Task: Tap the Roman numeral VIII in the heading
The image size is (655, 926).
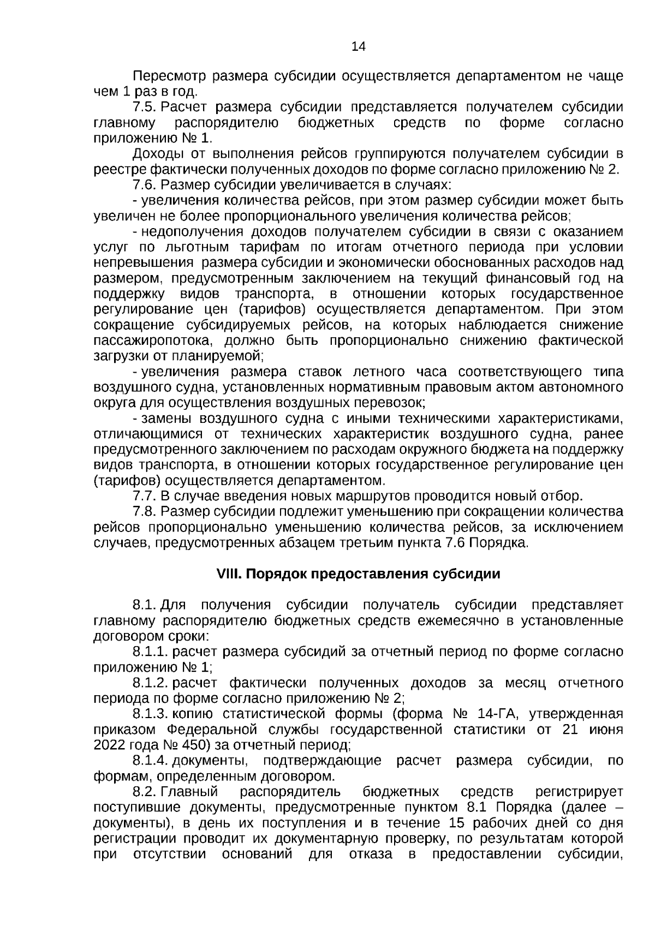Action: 229,574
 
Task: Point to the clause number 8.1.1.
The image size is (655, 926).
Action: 151,652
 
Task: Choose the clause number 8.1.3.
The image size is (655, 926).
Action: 151,714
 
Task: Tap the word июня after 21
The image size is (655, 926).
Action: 604,730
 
